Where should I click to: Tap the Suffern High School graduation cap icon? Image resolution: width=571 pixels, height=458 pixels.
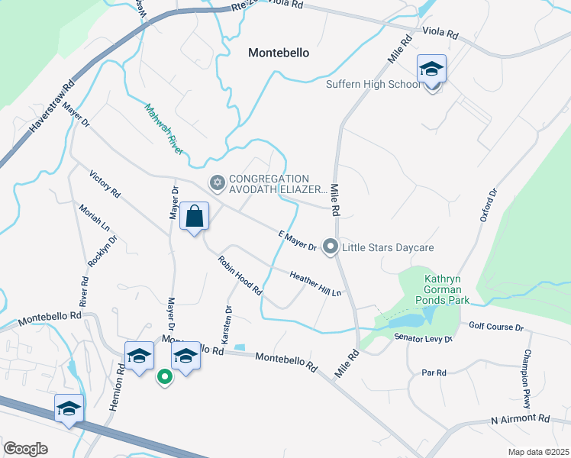pyautogui.click(x=431, y=69)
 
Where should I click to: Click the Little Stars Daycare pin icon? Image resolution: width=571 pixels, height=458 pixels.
pyautogui.click(x=331, y=246)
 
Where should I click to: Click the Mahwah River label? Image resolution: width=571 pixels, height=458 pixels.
pyautogui.click(x=163, y=129)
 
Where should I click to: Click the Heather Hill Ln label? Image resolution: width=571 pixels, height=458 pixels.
pyautogui.click(x=315, y=282)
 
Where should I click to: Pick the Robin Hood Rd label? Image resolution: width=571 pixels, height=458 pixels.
pyautogui.click(x=240, y=276)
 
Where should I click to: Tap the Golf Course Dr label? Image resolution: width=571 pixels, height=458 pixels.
pyautogui.click(x=496, y=327)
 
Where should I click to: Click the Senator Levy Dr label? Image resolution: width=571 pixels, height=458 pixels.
pyautogui.click(x=424, y=337)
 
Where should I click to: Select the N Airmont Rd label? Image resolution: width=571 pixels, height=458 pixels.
pyautogui.click(x=520, y=419)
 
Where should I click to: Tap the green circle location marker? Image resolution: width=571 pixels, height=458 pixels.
pyautogui.click(x=163, y=376)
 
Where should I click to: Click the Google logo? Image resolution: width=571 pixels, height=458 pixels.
pyautogui.click(x=25, y=449)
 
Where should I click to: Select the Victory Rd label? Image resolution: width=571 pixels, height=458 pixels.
pyautogui.click(x=105, y=184)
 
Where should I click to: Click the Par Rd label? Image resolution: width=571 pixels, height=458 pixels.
pyautogui.click(x=434, y=373)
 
